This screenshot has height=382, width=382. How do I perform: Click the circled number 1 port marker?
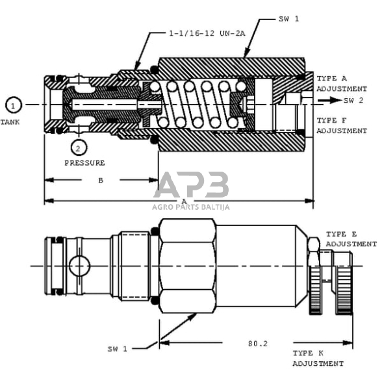tap(14, 105)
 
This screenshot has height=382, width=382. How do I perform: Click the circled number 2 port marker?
tap(79, 147)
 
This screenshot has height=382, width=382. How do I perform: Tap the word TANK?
tap(10, 122)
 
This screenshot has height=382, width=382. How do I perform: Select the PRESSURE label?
tap(84, 162)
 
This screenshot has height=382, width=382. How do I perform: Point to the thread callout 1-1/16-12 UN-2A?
tap(207, 33)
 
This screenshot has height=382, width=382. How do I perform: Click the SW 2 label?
tap(353, 100)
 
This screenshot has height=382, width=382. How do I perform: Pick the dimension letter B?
tap(101, 181)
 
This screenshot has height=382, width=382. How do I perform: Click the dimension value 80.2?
tap(258, 344)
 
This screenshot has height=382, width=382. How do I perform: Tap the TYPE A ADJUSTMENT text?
tap(342, 84)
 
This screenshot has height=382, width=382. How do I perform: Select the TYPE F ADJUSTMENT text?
tap(342, 125)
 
